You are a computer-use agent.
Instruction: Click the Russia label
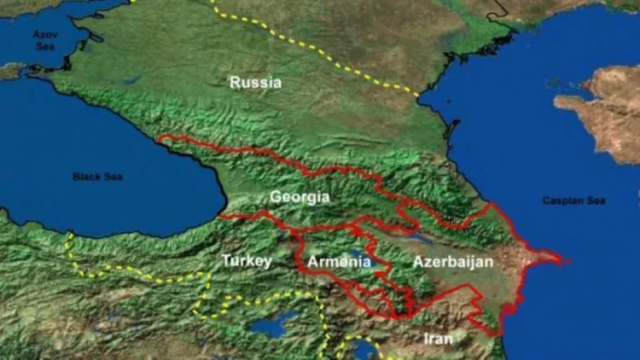[255, 83]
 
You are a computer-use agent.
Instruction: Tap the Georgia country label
[300, 197]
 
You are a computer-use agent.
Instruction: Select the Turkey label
[247, 260]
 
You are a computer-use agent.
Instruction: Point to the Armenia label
[340, 261]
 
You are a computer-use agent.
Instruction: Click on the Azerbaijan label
[453, 262]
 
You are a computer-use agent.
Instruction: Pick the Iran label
[438, 339]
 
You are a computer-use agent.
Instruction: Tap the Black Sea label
[97, 177]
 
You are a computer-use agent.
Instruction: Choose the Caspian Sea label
[573, 200]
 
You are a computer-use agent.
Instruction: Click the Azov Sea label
[43, 39]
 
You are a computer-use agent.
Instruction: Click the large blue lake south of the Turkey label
[276, 323]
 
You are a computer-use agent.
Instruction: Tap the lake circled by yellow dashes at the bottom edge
[362, 349]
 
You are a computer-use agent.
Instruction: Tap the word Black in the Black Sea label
[86, 177]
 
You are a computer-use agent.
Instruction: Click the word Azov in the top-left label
[43, 34]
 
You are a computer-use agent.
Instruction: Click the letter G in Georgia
[276, 197]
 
